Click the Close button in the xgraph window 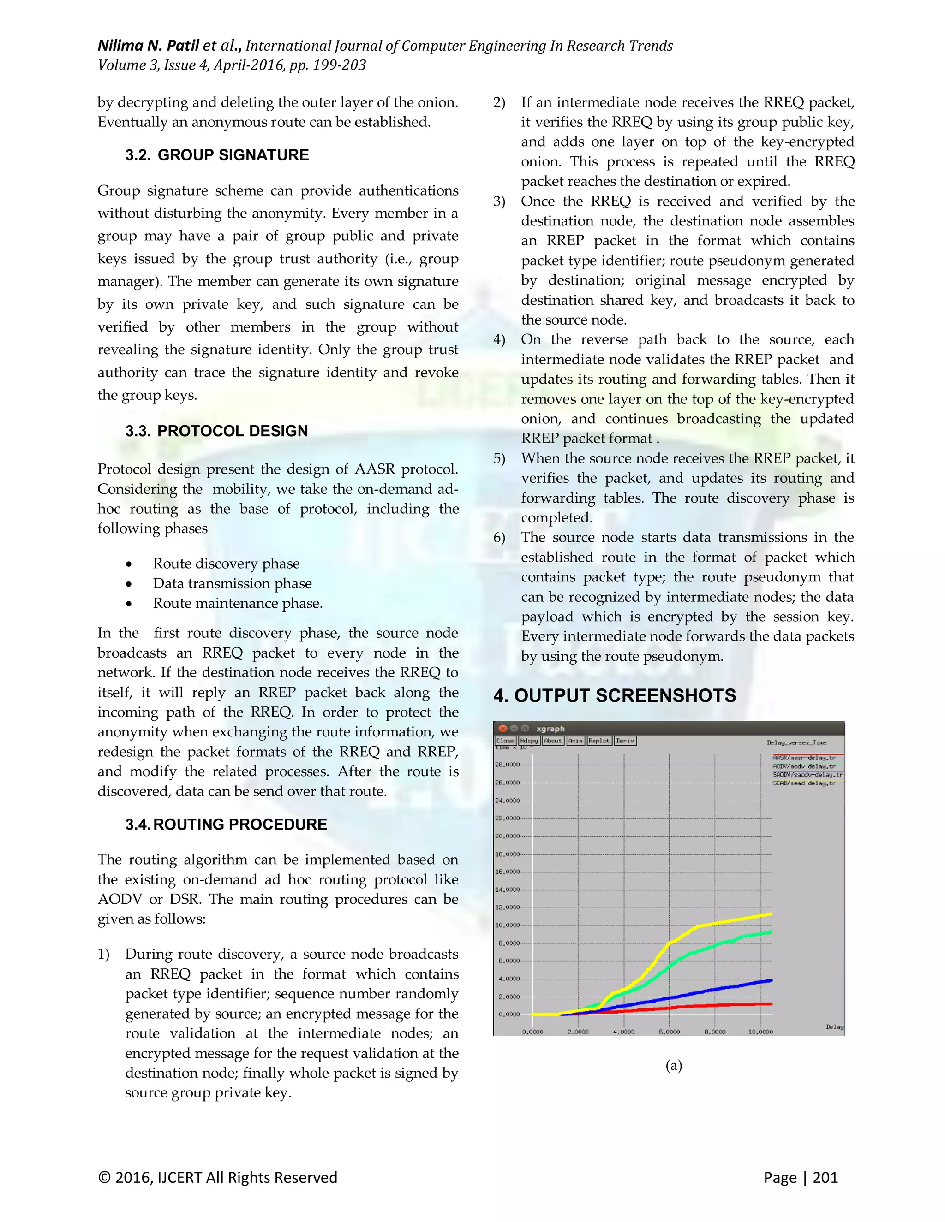click(504, 740)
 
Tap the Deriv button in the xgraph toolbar click(625, 740)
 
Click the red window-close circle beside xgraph click(502, 728)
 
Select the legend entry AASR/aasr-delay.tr click(804, 758)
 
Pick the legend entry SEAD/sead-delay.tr click(804, 783)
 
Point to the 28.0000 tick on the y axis click(507, 764)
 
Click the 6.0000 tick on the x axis click(669, 1031)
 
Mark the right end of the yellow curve click(771, 914)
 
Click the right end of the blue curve click(771, 980)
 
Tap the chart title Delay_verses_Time click(796, 742)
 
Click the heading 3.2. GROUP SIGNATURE click(217, 155)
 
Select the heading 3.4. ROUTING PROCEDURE click(226, 824)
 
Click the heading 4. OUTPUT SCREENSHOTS click(614, 695)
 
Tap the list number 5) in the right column click(499, 458)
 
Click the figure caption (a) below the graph click(674, 1065)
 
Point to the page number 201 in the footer click(825, 1177)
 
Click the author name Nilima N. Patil click(149, 45)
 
